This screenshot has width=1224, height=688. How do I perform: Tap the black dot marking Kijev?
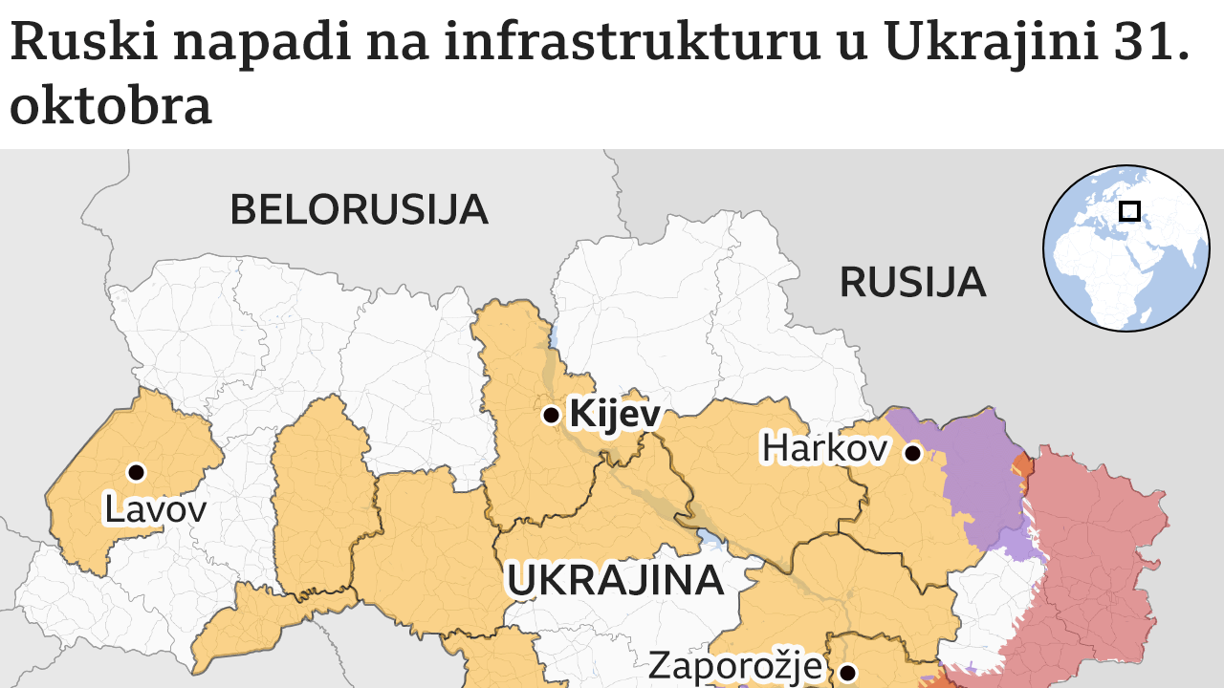[551, 415]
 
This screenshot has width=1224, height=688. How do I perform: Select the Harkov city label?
[824, 447]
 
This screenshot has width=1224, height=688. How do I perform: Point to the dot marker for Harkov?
[913, 453]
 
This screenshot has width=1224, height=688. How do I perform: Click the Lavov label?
[155, 509]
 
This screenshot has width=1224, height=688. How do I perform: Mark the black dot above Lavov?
[136, 471]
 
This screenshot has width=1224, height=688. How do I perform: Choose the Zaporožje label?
[735, 665]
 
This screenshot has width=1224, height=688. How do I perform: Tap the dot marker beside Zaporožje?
[846, 672]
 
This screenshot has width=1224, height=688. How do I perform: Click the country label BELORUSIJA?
[359, 209]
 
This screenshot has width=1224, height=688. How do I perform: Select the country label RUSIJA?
[912, 282]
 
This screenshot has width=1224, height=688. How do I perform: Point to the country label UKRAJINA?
[614, 580]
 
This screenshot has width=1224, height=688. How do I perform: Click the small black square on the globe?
[1130, 210]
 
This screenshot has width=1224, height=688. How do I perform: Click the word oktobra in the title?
[110, 106]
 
